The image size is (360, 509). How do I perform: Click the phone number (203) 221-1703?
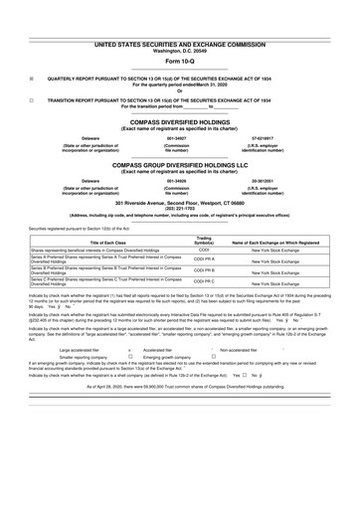point(180,208)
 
